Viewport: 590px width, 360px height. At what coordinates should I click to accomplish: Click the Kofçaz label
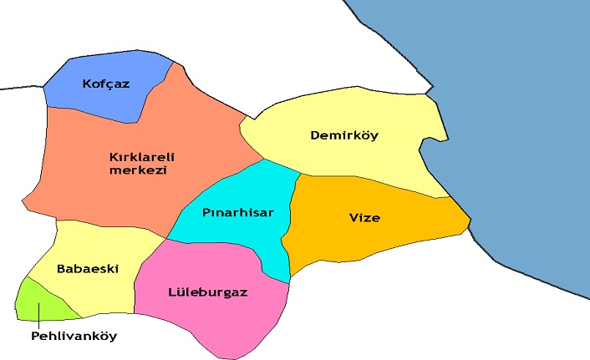click(106, 84)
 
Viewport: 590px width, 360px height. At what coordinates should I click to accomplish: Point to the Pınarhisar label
click(237, 212)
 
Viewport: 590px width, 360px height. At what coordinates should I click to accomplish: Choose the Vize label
click(364, 218)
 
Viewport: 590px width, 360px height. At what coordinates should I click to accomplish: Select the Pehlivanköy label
click(74, 336)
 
